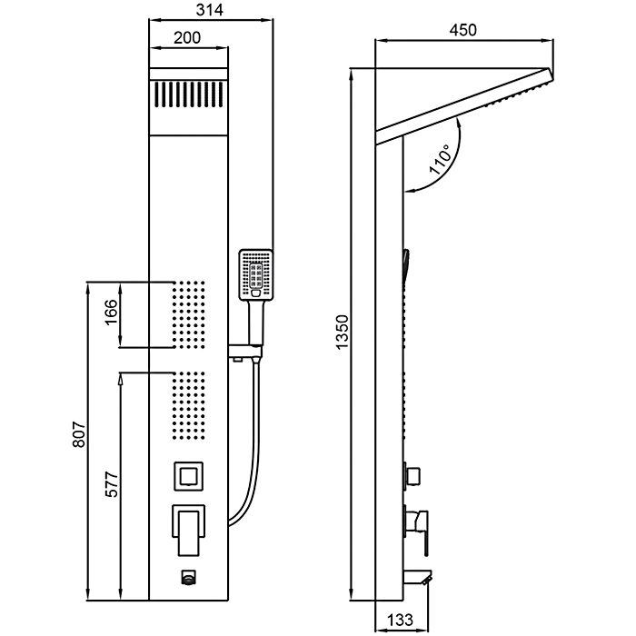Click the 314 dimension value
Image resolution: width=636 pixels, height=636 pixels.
click(210, 10)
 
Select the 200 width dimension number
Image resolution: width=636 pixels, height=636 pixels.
click(186, 38)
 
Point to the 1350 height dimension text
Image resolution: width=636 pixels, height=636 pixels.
click(342, 333)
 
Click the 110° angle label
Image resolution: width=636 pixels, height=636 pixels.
click(442, 162)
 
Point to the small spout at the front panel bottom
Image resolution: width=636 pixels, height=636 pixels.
click(188, 575)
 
